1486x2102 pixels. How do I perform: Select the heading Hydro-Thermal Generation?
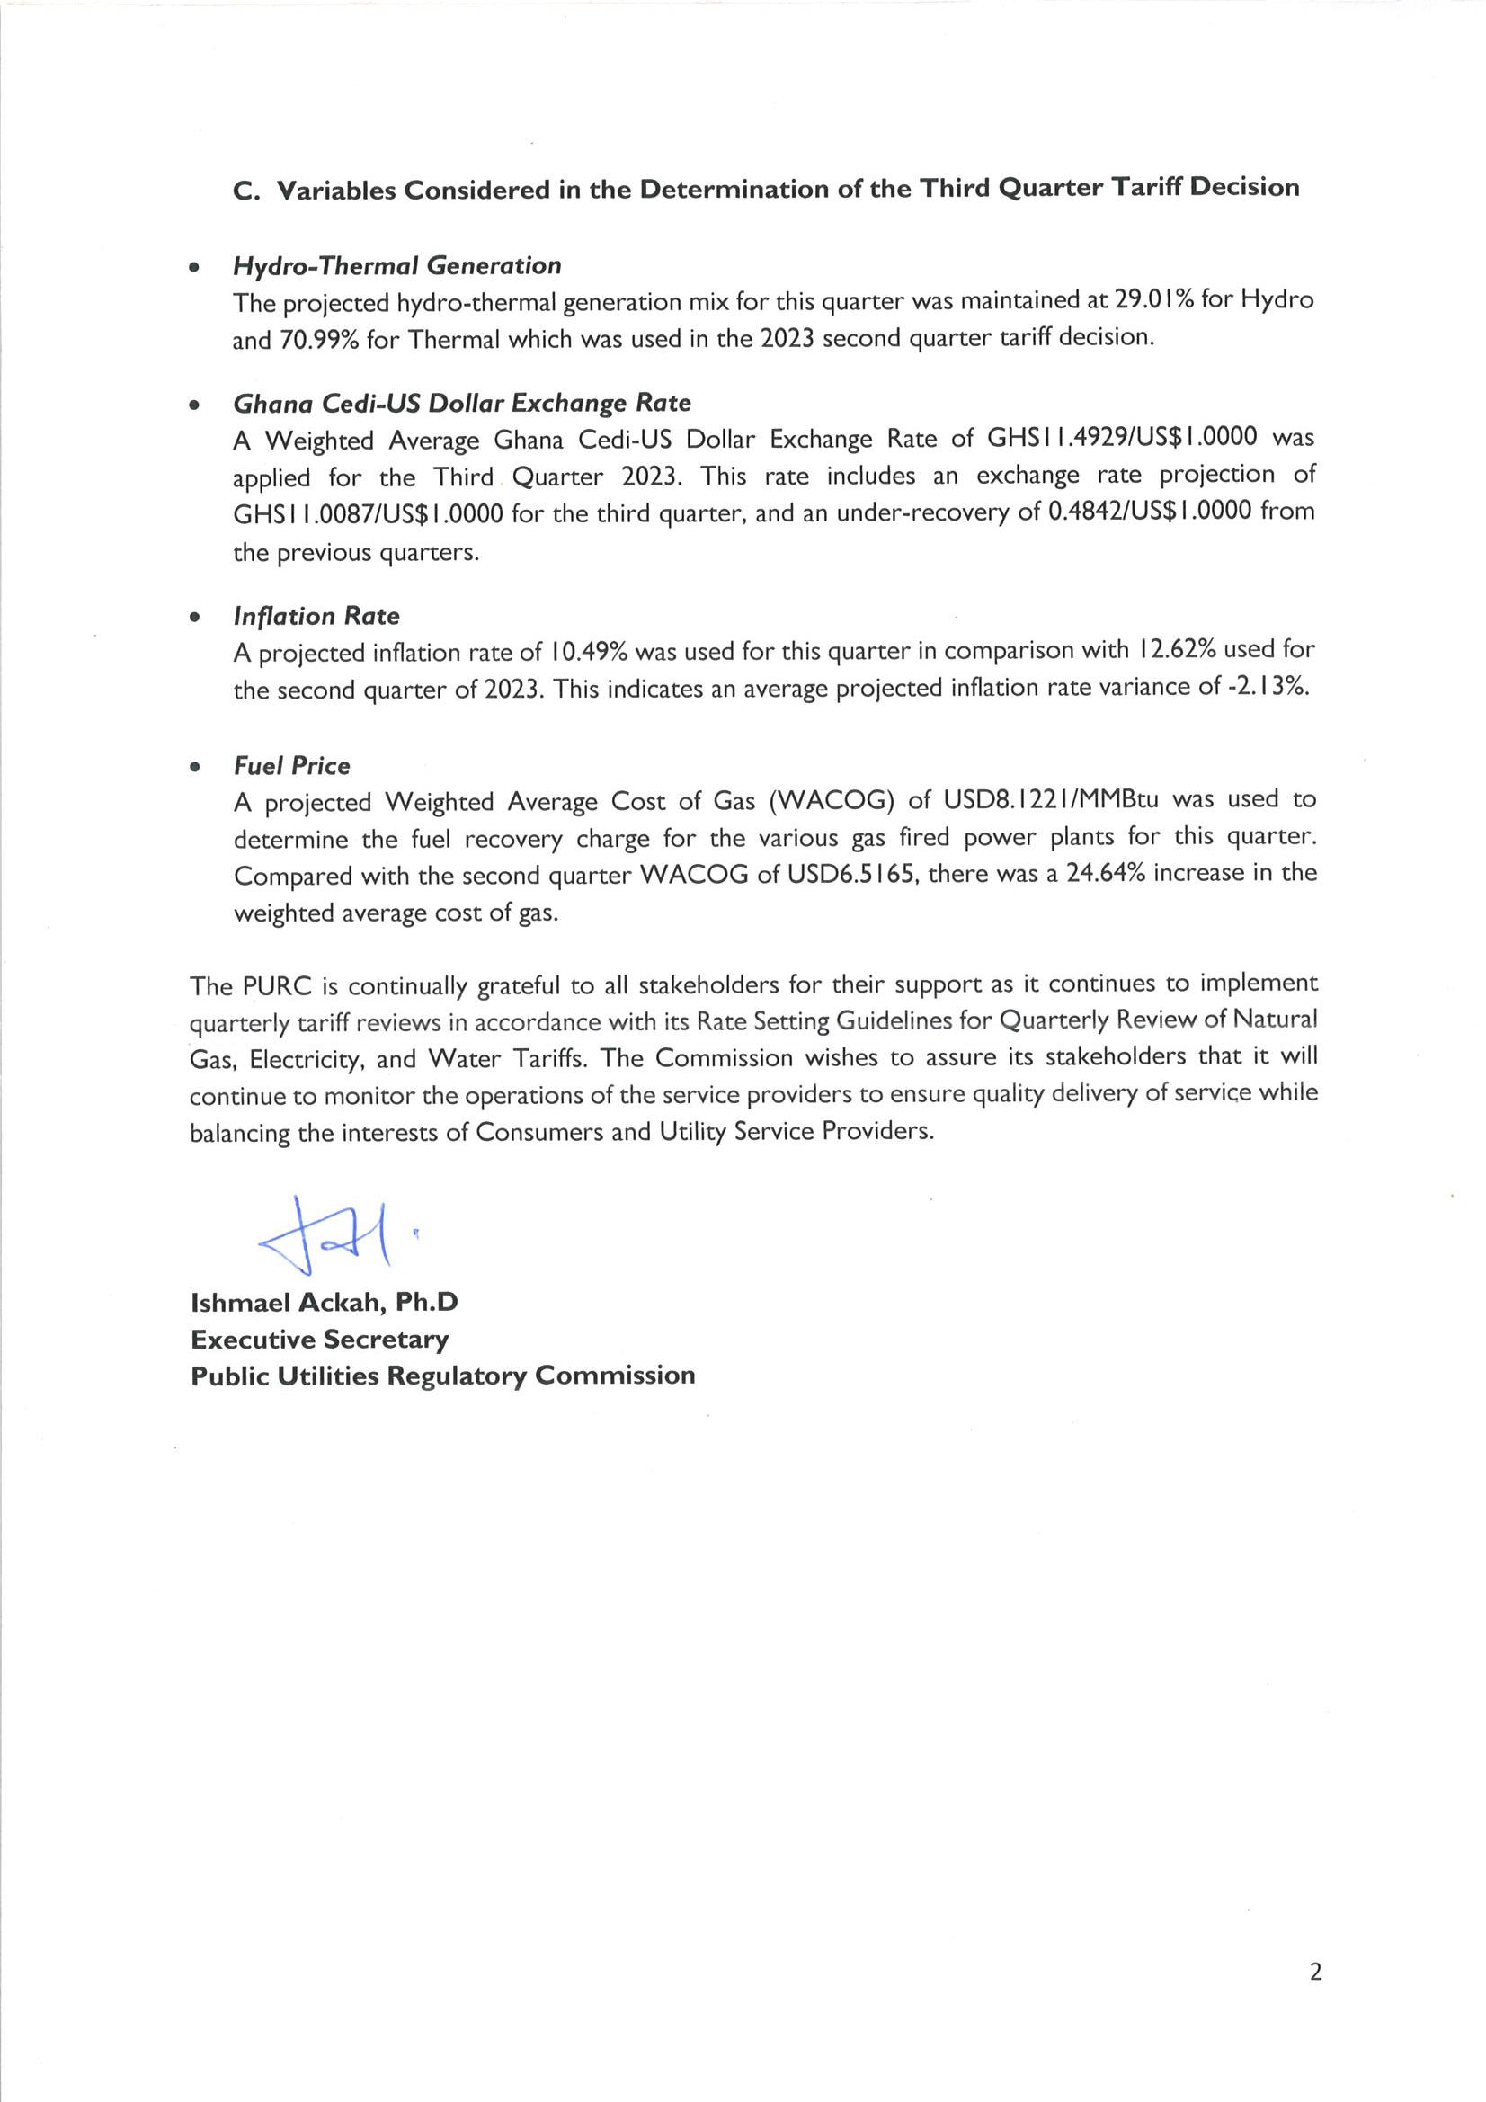(x=396, y=265)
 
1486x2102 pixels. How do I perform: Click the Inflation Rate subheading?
(x=316, y=616)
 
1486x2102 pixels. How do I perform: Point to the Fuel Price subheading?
(x=291, y=765)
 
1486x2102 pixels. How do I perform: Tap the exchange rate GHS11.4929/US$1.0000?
(x=1122, y=438)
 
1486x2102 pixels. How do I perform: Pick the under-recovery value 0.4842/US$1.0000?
(x=1149, y=511)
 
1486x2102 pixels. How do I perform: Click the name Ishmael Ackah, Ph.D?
(x=325, y=1302)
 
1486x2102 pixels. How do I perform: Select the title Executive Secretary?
(x=319, y=1340)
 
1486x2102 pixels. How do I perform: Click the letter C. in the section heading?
(x=247, y=191)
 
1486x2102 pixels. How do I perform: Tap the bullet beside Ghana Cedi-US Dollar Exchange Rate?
(x=193, y=405)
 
